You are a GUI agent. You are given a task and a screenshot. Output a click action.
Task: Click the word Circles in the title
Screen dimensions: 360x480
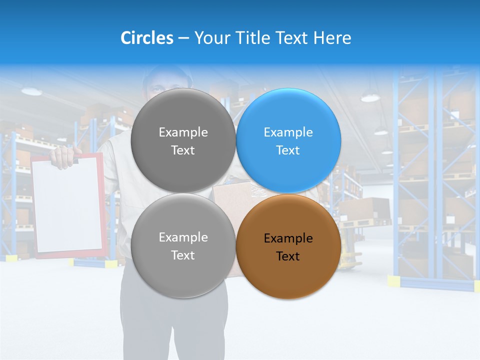[x=147, y=38]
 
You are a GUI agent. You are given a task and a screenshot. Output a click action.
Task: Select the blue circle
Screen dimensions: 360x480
[x=288, y=140]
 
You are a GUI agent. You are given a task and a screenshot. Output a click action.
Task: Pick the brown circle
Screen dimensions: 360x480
[x=288, y=247]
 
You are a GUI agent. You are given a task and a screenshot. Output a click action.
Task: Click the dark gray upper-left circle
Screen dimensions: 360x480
[x=183, y=140]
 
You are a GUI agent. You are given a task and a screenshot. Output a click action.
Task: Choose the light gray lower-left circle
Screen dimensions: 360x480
[x=183, y=246]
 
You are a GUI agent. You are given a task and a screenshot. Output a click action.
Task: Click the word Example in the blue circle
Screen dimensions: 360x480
[x=288, y=132]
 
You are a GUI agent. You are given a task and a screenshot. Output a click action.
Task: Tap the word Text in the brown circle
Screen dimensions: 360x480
[x=288, y=256]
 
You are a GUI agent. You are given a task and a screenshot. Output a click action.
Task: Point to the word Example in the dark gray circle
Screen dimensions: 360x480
[x=183, y=132]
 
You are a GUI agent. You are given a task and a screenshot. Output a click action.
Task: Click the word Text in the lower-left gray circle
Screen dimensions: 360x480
[x=183, y=255]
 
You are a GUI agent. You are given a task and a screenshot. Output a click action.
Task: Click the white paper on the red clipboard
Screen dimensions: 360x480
[x=67, y=205]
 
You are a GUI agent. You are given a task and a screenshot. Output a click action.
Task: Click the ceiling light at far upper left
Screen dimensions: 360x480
[x=31, y=91]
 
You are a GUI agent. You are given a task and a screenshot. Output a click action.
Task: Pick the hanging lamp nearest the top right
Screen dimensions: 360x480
[x=370, y=97]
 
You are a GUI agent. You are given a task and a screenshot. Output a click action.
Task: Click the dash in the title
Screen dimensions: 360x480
[x=183, y=38]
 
